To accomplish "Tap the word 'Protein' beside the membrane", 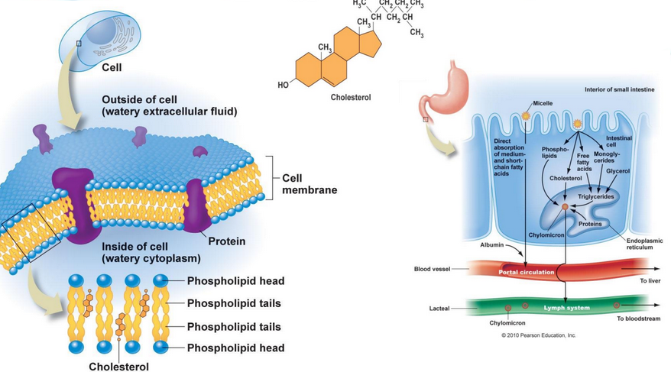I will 227,241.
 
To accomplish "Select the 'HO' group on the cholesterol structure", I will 284,84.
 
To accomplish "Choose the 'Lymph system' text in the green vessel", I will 566,307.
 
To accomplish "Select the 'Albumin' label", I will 492,245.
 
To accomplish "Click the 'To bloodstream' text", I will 637,318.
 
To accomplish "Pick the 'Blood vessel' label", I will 432,269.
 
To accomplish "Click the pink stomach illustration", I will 441,89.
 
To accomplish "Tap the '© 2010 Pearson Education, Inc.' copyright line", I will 539,335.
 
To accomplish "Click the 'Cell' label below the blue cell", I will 112,66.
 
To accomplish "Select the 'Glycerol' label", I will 618,170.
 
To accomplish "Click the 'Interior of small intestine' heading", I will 619,89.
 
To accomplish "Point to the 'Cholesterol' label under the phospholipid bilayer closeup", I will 118,366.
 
